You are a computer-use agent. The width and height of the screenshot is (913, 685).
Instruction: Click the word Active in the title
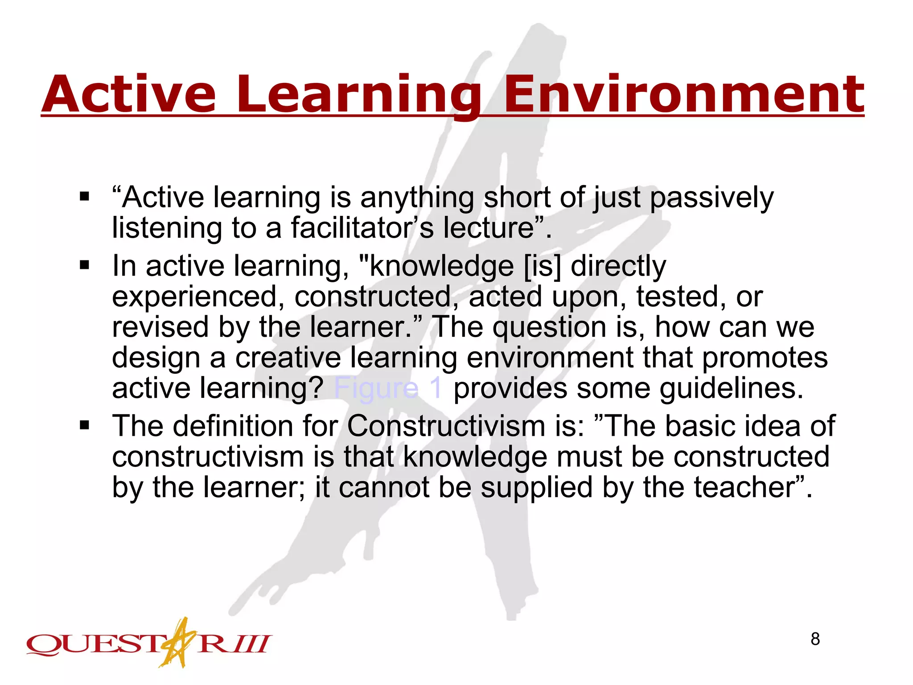click(129, 95)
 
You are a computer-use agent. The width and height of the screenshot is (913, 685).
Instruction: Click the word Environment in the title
click(684, 95)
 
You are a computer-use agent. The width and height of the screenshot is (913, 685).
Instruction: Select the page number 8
click(815, 639)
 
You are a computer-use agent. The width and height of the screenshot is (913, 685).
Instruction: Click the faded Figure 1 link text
click(387, 388)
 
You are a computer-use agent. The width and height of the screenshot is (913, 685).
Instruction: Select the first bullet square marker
click(85, 197)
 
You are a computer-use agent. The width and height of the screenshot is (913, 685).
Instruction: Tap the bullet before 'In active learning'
click(85, 266)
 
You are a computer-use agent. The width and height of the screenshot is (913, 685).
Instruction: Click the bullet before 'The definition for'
click(85, 426)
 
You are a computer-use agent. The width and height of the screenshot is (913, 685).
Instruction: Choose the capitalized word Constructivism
click(446, 426)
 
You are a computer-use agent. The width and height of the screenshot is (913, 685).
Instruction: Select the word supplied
click(537, 488)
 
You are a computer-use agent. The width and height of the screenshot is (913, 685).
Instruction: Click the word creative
click(288, 358)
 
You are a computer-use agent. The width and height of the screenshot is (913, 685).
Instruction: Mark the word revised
click(160, 327)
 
